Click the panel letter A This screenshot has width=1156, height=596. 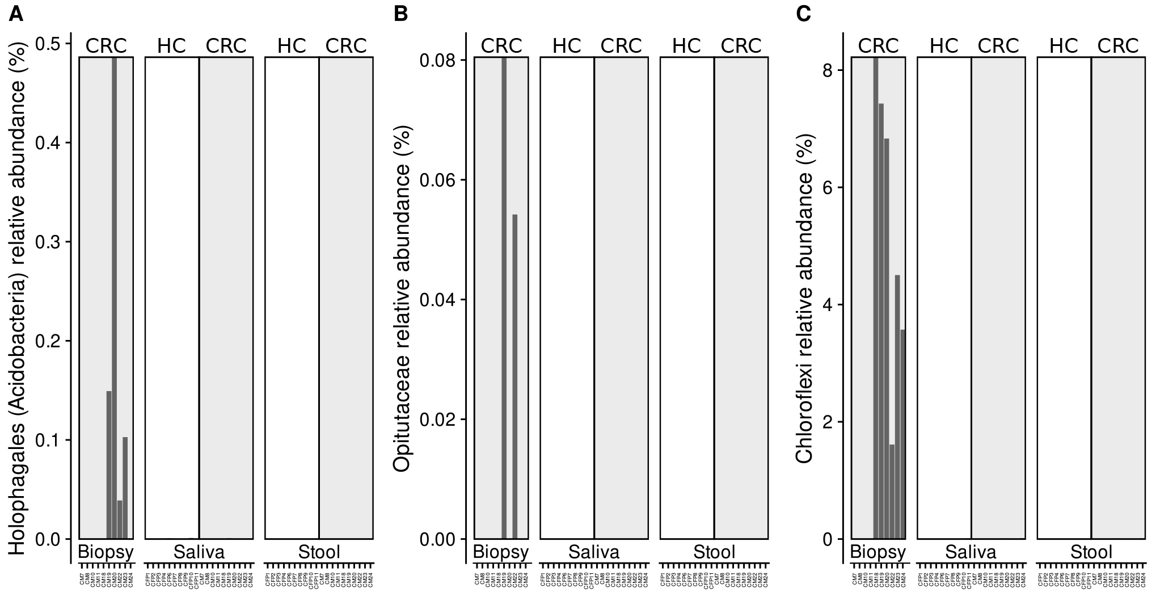point(16,14)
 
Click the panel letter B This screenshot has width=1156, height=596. point(400,14)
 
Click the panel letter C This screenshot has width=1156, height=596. point(803,14)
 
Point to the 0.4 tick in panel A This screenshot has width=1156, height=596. point(50,143)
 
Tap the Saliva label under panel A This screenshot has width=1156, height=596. point(199,552)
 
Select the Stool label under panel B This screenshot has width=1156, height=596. point(714,552)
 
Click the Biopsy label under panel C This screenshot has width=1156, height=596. point(877,552)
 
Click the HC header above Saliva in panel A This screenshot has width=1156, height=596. point(171,46)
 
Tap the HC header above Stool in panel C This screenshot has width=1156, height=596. point(1064,46)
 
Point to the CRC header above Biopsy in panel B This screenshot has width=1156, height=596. point(501,46)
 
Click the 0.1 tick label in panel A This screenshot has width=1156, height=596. point(50,440)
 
